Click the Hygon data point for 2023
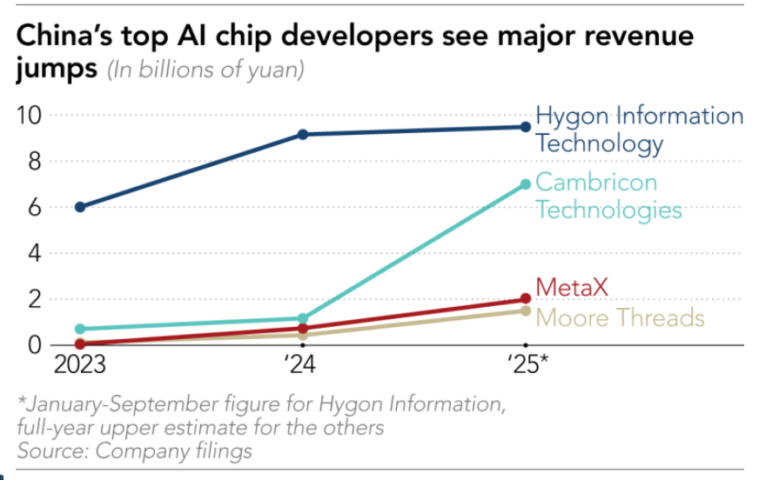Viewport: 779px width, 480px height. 80,207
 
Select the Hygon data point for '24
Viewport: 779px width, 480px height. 302,134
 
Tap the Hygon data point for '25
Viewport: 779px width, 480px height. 525,127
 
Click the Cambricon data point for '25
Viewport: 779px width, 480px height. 525,184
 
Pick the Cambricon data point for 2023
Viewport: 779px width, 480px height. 80,329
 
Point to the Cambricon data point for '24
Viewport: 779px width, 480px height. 302,319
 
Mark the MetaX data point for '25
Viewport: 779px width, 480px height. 525,299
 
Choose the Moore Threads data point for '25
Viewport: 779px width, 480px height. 525,310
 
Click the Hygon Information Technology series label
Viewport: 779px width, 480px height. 639,130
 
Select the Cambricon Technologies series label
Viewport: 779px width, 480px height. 608,197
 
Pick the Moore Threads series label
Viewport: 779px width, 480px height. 619,317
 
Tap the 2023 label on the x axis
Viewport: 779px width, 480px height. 80,363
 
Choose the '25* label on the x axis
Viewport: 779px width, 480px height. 527,363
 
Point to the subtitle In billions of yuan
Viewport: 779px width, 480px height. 205,70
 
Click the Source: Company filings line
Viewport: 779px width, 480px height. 135,450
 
